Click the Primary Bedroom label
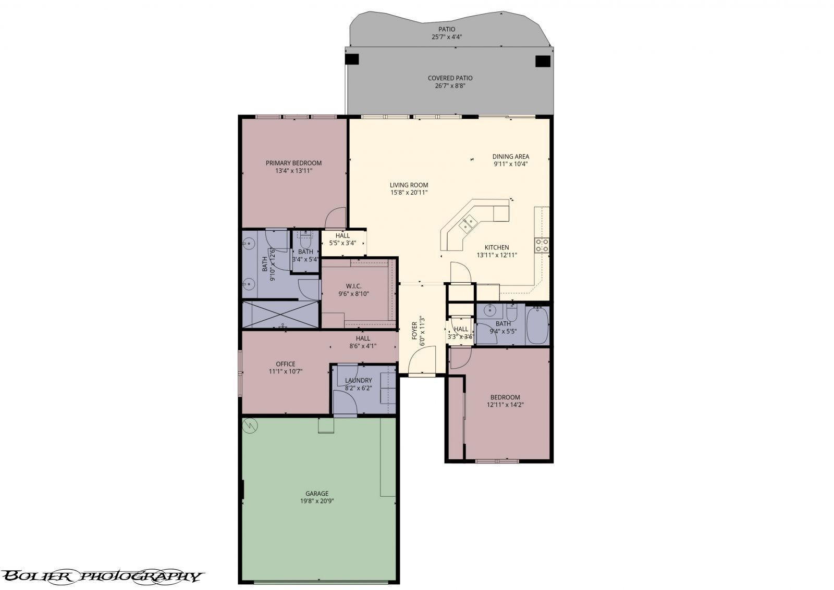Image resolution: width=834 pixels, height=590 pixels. (x=293, y=163)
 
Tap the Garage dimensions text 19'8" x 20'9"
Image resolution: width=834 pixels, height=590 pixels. (x=316, y=501)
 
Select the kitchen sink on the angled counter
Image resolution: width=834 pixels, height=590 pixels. (x=467, y=224)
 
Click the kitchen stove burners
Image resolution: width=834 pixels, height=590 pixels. (x=542, y=245)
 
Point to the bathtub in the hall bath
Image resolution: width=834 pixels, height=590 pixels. (x=537, y=325)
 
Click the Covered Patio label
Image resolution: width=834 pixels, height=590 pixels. (x=450, y=78)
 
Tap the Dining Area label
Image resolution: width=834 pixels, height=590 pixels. (x=511, y=156)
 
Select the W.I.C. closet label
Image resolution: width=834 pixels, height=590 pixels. (x=353, y=286)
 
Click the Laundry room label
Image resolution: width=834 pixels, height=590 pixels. (x=358, y=381)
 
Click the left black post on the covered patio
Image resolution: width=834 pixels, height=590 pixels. (x=352, y=59)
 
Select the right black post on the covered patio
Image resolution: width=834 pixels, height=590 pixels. (x=543, y=61)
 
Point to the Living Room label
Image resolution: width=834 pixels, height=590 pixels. (x=409, y=185)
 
